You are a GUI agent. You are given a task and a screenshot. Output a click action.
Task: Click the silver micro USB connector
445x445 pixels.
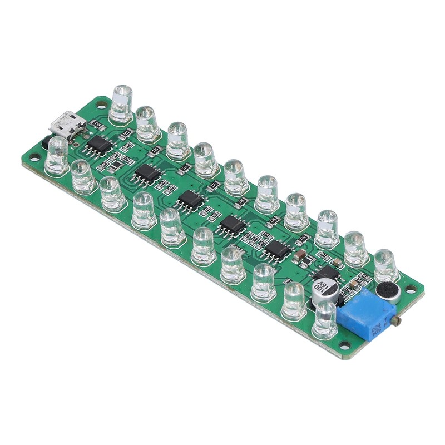tap(67, 123)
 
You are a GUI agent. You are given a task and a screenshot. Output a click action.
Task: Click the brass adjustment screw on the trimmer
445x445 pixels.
tap(396, 321)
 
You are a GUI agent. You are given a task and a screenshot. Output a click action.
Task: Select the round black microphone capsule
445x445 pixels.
tap(386, 293)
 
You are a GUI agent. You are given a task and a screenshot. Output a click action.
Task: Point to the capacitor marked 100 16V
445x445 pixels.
tap(325, 291)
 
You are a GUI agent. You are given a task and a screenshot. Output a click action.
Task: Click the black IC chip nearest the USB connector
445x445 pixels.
tap(100, 146)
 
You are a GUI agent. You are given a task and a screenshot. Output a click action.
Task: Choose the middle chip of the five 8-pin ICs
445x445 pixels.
tap(191, 199)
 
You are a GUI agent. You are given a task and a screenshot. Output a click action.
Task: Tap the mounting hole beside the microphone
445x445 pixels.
tap(411, 289)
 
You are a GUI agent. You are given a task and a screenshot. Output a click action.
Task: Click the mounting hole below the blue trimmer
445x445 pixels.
tap(345, 346)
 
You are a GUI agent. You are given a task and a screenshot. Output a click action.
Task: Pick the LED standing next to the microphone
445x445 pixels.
tap(385, 265)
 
